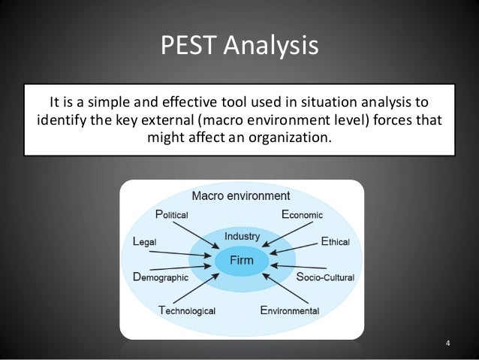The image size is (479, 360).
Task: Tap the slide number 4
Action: (x=447, y=345)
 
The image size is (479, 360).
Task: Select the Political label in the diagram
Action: (x=171, y=213)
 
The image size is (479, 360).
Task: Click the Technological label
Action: (x=187, y=310)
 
